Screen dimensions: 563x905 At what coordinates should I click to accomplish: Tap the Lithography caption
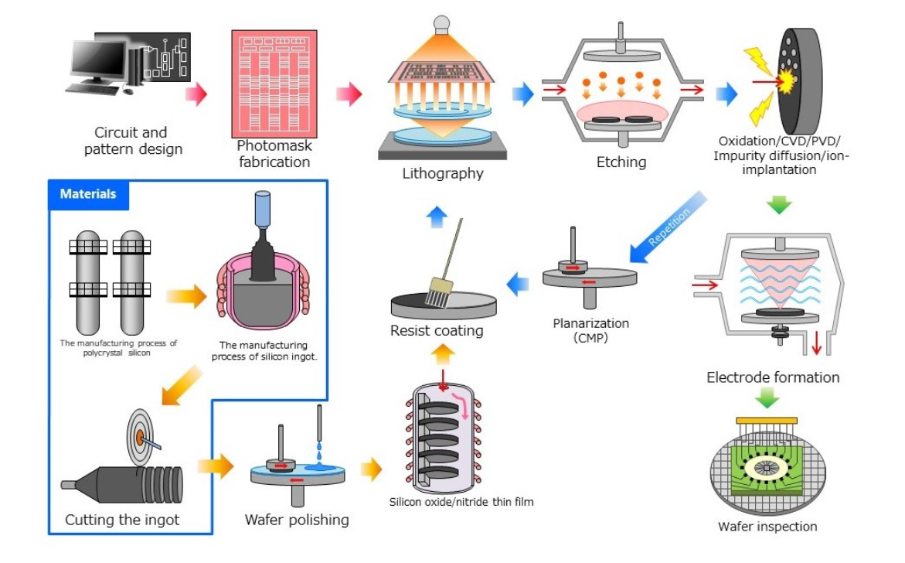[442, 173]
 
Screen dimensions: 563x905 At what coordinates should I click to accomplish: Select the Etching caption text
[621, 162]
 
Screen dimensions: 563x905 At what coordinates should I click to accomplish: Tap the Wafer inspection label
[767, 527]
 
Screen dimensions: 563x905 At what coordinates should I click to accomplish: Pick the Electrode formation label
[773, 377]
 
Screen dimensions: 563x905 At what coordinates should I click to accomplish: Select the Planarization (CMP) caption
[591, 329]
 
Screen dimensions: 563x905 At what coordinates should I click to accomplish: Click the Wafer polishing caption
[297, 519]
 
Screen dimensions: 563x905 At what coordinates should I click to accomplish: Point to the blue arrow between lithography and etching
[522, 94]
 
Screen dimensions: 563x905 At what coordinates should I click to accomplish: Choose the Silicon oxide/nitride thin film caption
[461, 502]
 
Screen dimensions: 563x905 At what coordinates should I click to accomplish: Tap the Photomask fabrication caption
[274, 154]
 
